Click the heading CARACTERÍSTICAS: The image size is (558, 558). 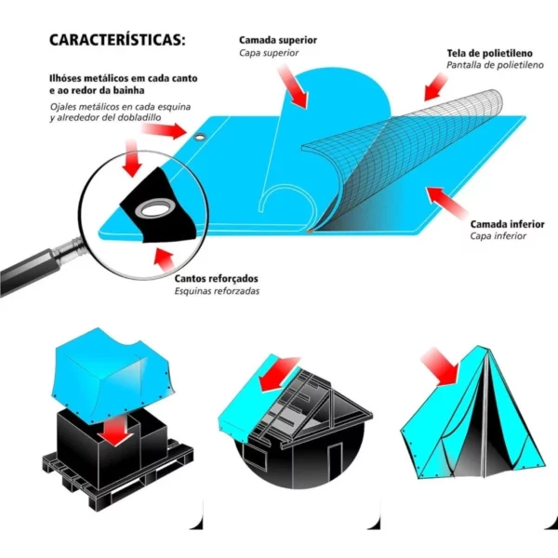pos(117,39)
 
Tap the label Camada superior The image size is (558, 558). pos(278,40)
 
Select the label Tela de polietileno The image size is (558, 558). pos(490,53)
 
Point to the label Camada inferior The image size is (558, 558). pos(507,224)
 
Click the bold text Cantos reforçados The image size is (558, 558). pos(216,279)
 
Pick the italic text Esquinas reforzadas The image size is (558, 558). pos(217,291)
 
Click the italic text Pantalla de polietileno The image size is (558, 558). pos(495,65)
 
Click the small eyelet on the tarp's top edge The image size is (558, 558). pos(201,137)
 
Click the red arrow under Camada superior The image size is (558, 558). pos(293,86)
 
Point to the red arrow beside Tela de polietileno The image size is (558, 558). pos(435,86)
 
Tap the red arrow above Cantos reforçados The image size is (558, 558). pos(164,259)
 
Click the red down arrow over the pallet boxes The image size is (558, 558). pos(115,431)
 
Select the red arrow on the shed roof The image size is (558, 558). pos(280,374)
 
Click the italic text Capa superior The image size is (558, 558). pos(269,53)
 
